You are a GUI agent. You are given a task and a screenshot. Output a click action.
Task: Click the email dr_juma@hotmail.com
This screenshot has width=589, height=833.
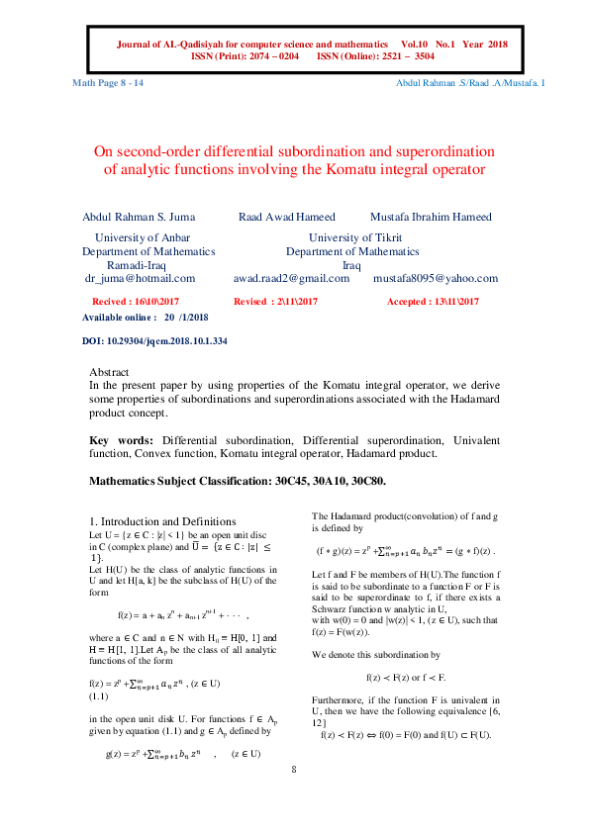[x=141, y=279]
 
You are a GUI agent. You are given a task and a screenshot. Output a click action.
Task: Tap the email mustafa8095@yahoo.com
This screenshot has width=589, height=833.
[x=436, y=279]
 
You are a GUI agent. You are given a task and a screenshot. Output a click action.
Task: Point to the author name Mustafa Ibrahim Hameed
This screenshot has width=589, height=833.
[x=431, y=217]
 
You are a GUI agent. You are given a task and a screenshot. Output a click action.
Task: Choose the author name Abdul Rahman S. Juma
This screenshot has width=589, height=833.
[x=139, y=217]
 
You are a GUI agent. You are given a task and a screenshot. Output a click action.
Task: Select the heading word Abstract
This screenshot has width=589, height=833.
[x=110, y=373]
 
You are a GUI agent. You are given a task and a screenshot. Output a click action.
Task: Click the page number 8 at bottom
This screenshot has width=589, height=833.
[x=294, y=796]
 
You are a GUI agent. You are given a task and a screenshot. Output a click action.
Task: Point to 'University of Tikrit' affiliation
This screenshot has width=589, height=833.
[x=354, y=237]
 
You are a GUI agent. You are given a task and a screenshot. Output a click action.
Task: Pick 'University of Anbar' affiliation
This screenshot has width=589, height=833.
[x=142, y=237]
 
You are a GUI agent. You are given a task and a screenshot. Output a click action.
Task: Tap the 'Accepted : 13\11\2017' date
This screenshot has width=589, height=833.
[x=433, y=300]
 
